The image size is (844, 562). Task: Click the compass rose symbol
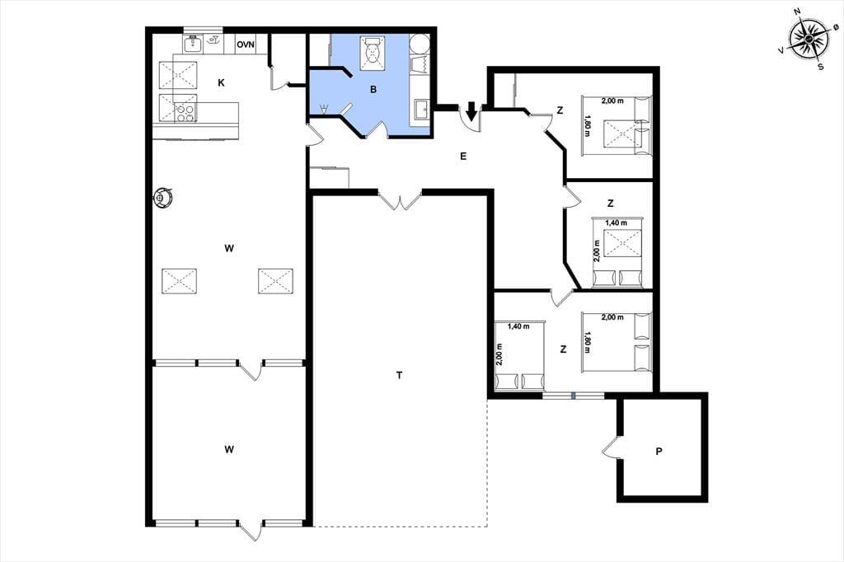click(809, 40)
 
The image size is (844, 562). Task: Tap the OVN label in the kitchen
click(246, 44)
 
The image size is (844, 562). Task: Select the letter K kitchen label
click(221, 83)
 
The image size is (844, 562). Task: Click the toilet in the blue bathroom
click(373, 53)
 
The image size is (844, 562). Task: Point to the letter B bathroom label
click(373, 90)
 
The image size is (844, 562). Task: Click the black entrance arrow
click(471, 111)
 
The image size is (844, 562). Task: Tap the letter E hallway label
click(463, 157)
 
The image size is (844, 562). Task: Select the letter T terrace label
click(399, 375)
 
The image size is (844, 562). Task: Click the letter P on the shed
click(659, 452)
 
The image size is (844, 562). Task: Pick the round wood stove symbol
click(162, 198)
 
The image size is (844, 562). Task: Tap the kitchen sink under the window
click(193, 44)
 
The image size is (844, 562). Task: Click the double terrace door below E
click(400, 199)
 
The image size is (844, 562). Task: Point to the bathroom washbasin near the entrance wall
click(421, 110)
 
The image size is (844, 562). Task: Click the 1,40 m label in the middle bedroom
click(616, 222)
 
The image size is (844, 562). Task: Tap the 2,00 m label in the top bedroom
click(612, 101)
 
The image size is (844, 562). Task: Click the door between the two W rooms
click(251, 370)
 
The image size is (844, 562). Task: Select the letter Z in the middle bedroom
click(610, 204)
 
